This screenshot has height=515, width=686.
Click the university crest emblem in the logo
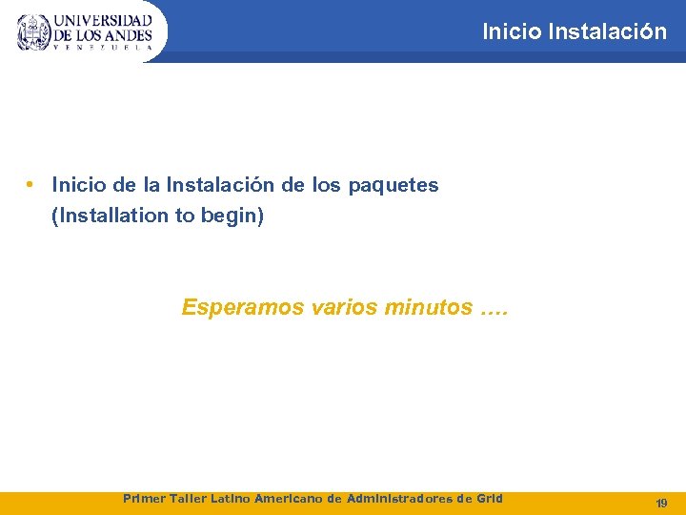coord(34,31)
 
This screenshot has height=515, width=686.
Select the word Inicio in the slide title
coord(512,31)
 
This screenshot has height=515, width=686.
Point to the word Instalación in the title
coord(608,31)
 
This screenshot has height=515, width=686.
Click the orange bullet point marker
coord(31,184)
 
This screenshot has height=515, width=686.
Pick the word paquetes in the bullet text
coord(393,186)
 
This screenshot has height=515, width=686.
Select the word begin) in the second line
coord(232,216)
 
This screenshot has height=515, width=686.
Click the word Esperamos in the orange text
coord(246,308)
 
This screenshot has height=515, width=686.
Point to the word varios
coord(346,308)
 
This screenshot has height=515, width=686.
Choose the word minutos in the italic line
coord(427,308)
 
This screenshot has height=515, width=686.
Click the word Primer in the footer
coord(144,499)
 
